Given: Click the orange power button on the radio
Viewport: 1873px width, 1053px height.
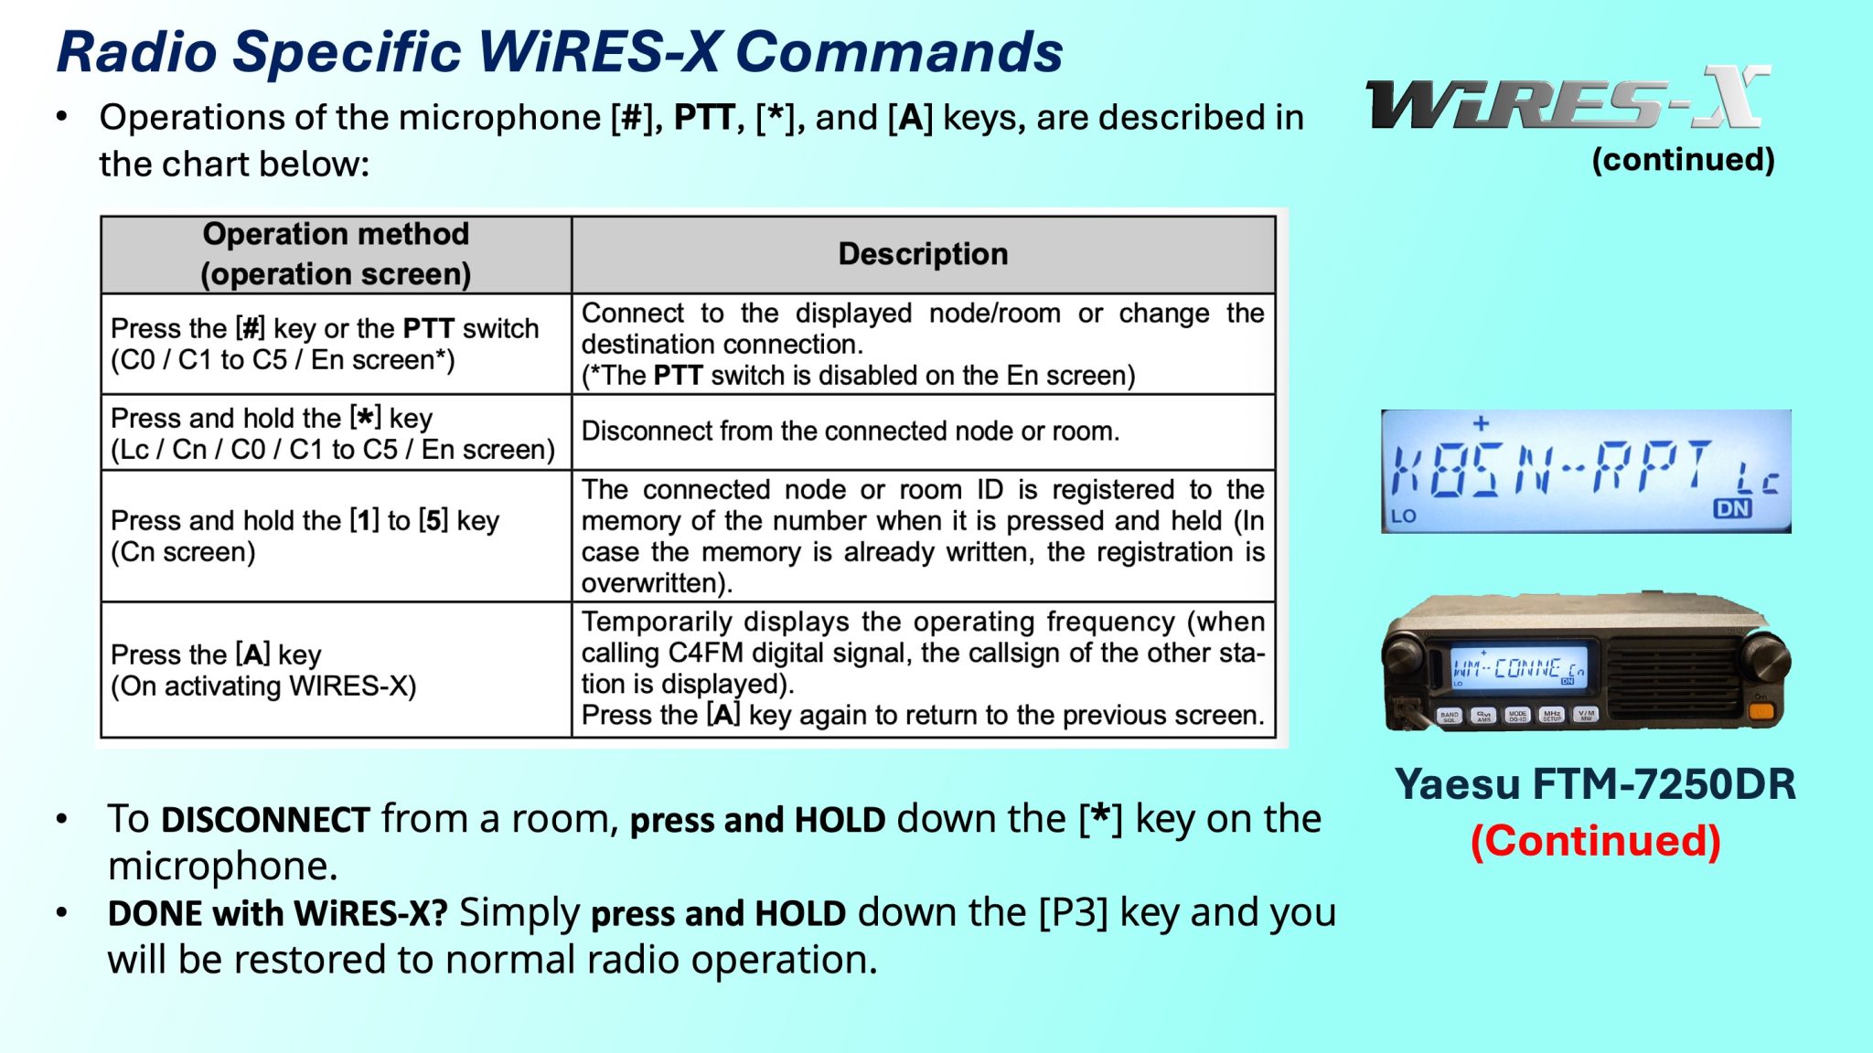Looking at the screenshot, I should point(1761,710).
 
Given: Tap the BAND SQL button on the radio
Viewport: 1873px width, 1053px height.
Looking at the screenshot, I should point(1450,716).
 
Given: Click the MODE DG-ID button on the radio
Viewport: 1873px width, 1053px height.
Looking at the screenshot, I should point(1518,716).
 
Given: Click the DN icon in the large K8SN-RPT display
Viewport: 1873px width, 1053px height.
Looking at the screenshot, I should point(1732,508).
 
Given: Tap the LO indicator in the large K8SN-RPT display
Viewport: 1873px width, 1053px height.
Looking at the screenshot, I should point(1404,516).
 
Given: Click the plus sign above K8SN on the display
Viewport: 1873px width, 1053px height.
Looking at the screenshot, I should point(1482,423).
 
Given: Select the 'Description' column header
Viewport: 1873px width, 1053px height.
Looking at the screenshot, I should point(923,254).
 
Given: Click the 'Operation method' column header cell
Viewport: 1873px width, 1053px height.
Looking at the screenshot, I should point(336,254).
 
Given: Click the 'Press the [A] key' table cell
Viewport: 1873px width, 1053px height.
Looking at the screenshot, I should point(336,669).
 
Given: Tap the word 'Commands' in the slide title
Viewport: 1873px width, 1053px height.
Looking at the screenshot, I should point(898,52).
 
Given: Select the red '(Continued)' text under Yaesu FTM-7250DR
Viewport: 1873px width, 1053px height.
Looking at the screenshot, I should point(1595,840).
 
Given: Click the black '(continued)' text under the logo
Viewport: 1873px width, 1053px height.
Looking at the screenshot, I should point(1683,159).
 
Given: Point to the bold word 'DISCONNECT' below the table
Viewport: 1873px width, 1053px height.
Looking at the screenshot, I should point(265,820).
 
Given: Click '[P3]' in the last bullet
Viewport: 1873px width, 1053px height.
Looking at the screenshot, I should point(1073,912).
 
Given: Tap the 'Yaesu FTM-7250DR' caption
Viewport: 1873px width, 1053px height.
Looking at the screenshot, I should point(1595,784).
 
